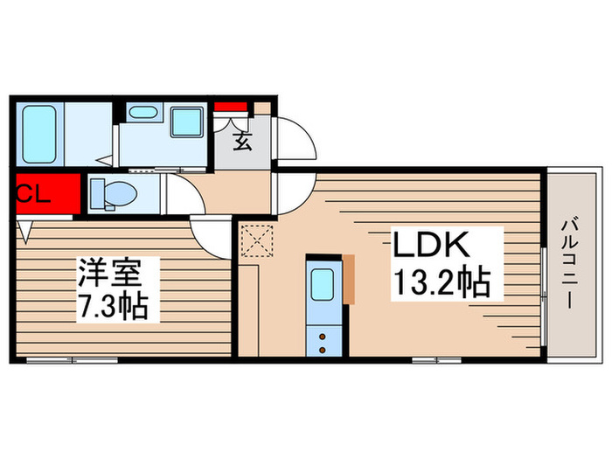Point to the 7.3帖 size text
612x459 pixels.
pos(111,305)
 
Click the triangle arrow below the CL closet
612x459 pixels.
pos(26,231)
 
